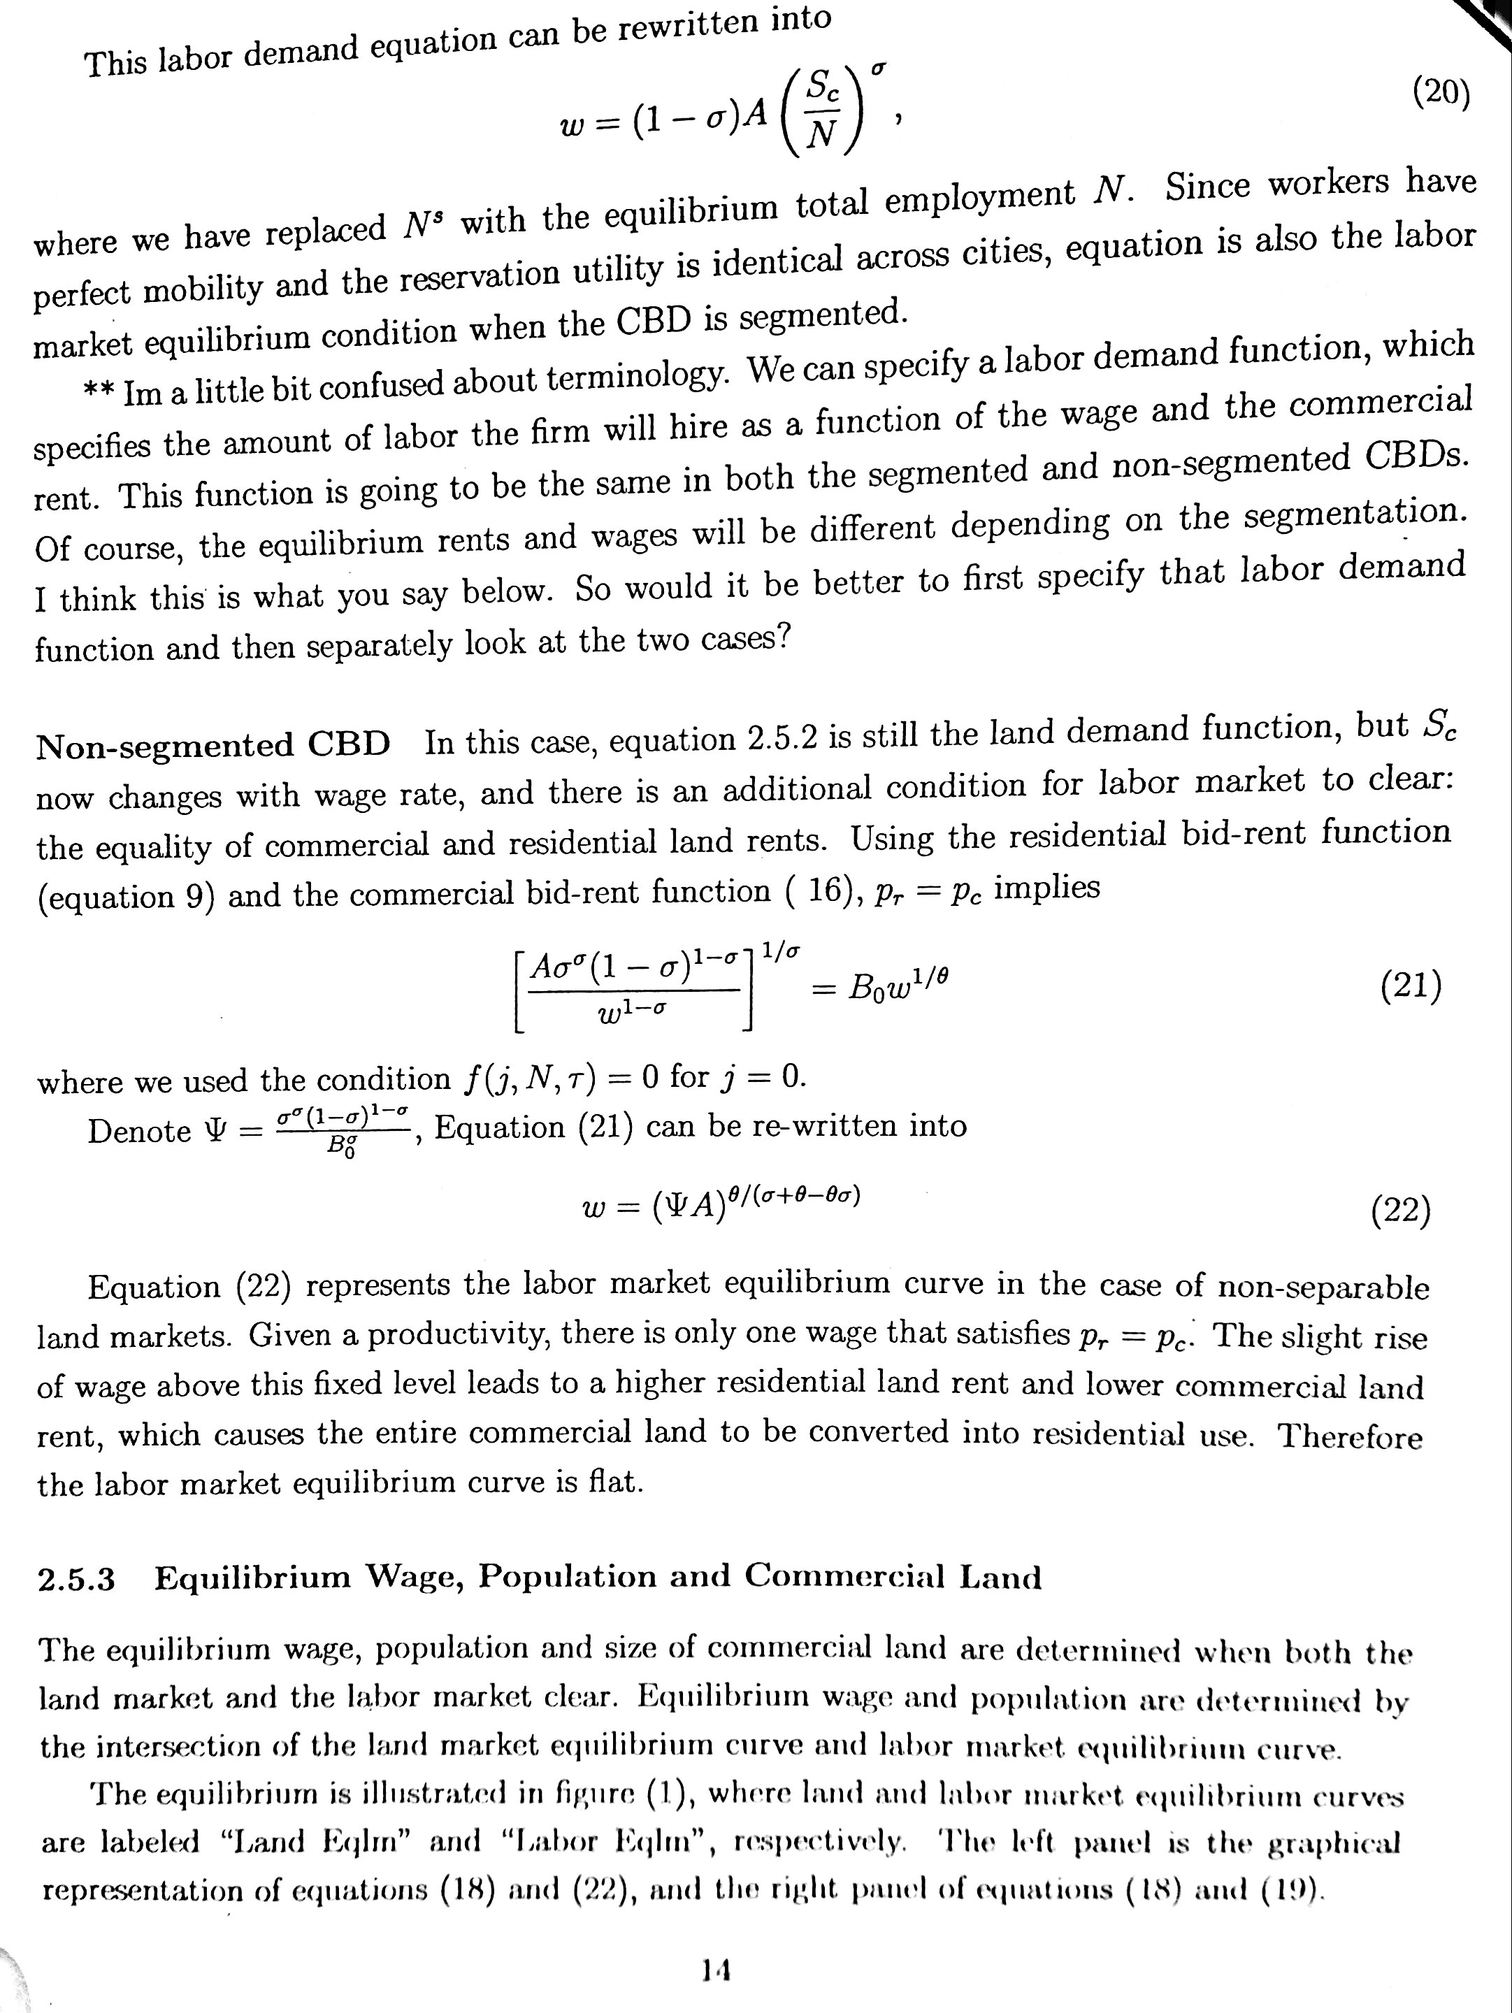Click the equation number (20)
pyautogui.click(x=1441, y=93)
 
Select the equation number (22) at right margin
pyautogui.click(x=1400, y=1211)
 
